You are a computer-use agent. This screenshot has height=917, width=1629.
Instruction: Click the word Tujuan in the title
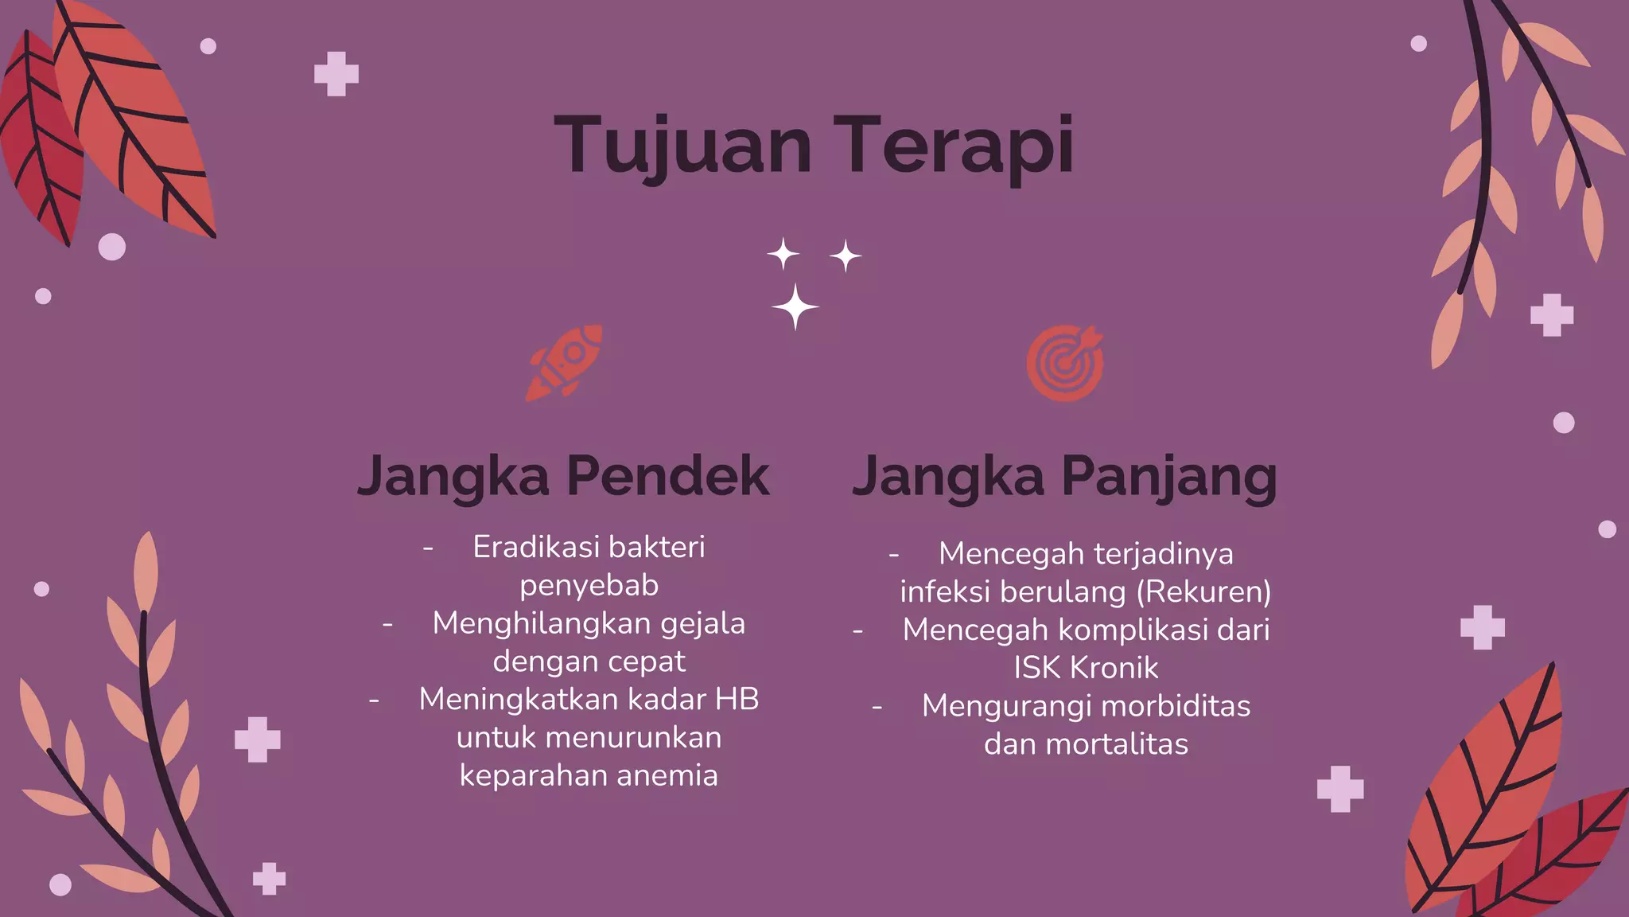(682, 145)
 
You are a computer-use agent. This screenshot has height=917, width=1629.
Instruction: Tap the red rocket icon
(565, 362)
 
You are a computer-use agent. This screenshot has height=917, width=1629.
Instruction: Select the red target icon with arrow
(1065, 363)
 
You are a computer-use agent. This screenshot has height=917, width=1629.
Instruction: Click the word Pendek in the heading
(667, 476)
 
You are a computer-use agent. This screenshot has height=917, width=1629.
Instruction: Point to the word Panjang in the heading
(1168, 476)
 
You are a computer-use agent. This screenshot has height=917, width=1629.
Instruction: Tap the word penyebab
(589, 585)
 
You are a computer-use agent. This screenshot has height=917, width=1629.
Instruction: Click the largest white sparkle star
(795, 306)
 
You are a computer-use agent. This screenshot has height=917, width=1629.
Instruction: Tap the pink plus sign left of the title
(336, 74)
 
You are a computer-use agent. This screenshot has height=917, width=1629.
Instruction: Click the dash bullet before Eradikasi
(428, 548)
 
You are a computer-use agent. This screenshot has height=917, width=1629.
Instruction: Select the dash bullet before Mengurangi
(877, 707)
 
